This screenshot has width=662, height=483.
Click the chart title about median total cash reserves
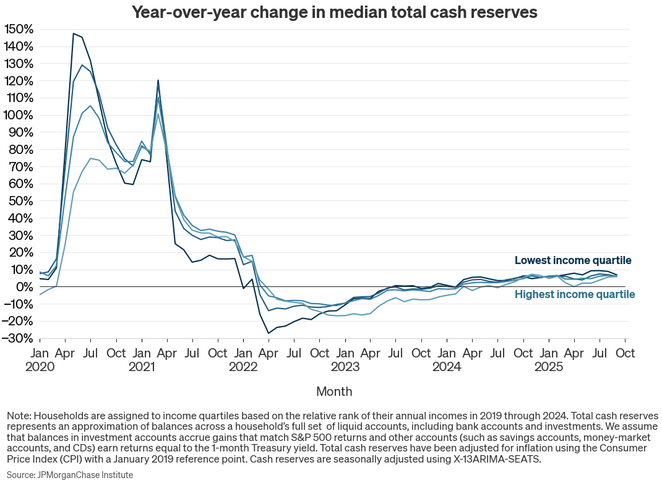334,12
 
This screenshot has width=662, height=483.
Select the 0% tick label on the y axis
25,287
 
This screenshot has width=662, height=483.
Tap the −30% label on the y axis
19,338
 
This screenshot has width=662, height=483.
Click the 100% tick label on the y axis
19,115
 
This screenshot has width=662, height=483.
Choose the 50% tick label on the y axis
21,201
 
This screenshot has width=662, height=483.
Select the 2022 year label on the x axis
244,367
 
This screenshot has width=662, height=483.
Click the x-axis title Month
334,391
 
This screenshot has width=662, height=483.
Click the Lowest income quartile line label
573,260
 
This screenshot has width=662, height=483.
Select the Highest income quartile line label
575,294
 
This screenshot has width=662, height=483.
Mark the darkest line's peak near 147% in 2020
74,33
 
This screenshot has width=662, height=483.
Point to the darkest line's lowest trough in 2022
269,333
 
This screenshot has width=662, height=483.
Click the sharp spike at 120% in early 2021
158,80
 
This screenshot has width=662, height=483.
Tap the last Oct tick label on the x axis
625,353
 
